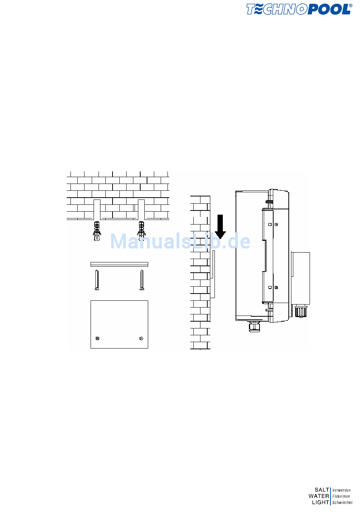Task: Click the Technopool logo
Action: tap(299, 9)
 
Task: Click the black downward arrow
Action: tap(220, 227)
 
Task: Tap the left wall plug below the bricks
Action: tap(97, 231)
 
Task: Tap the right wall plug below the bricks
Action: tap(141, 231)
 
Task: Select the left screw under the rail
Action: tap(97, 280)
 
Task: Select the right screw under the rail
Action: tap(142, 280)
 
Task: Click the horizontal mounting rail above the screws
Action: tap(119, 264)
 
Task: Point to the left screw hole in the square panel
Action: tap(97, 338)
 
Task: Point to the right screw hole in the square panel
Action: tap(141, 338)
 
